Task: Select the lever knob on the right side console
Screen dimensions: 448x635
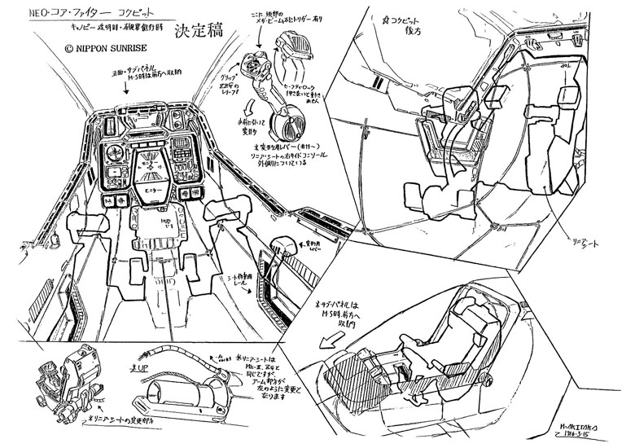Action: pos(282,246)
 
